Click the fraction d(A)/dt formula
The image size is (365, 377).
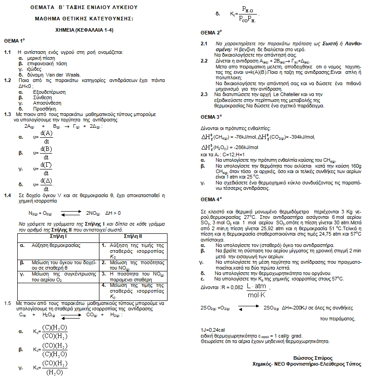tap(46, 136)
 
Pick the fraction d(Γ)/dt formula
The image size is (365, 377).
tap(46, 168)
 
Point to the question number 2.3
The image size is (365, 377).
tap(204, 94)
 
